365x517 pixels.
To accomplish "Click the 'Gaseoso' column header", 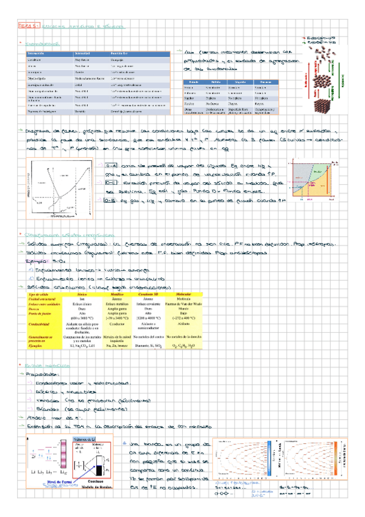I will (266, 82).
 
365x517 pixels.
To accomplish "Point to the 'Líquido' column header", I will (240, 82).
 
